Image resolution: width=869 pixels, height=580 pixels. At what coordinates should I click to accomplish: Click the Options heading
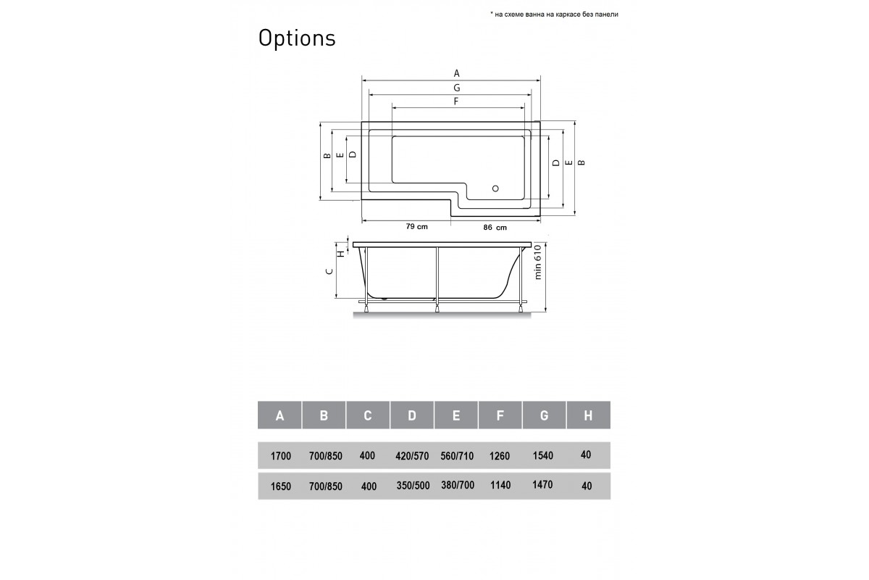pyautogui.click(x=297, y=38)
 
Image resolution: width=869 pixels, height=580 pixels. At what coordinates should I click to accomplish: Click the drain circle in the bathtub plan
pyautogui.click(x=496, y=188)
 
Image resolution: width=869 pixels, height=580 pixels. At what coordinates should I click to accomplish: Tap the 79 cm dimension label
pyautogui.click(x=416, y=227)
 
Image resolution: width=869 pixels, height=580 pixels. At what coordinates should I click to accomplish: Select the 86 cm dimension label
pyautogui.click(x=495, y=228)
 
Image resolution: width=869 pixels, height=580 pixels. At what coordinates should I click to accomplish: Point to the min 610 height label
pyautogui.click(x=538, y=262)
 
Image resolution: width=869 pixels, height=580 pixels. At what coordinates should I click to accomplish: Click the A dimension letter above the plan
pyautogui.click(x=457, y=73)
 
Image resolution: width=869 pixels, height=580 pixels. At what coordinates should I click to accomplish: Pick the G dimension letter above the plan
pyautogui.click(x=457, y=87)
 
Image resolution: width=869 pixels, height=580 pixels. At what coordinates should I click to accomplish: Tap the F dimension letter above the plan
pyautogui.click(x=456, y=101)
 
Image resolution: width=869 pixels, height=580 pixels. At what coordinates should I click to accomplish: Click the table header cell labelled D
pyautogui.click(x=412, y=415)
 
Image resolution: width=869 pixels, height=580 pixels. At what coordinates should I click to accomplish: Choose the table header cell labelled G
pyautogui.click(x=544, y=415)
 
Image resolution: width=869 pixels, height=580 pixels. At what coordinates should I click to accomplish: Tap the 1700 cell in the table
pyautogui.click(x=280, y=456)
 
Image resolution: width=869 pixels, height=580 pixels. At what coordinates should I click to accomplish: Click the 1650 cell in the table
pyautogui.click(x=280, y=486)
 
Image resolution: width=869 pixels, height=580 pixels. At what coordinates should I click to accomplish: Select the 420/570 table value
pyautogui.click(x=412, y=456)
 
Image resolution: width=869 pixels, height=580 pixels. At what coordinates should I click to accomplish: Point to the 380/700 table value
pyautogui.click(x=457, y=485)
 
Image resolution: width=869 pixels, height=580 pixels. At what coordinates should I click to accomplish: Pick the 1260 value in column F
pyautogui.click(x=500, y=456)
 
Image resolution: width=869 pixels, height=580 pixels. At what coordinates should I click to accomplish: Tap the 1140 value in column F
pyautogui.click(x=500, y=485)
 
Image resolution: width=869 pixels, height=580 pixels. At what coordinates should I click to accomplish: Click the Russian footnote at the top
pyautogui.click(x=554, y=14)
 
